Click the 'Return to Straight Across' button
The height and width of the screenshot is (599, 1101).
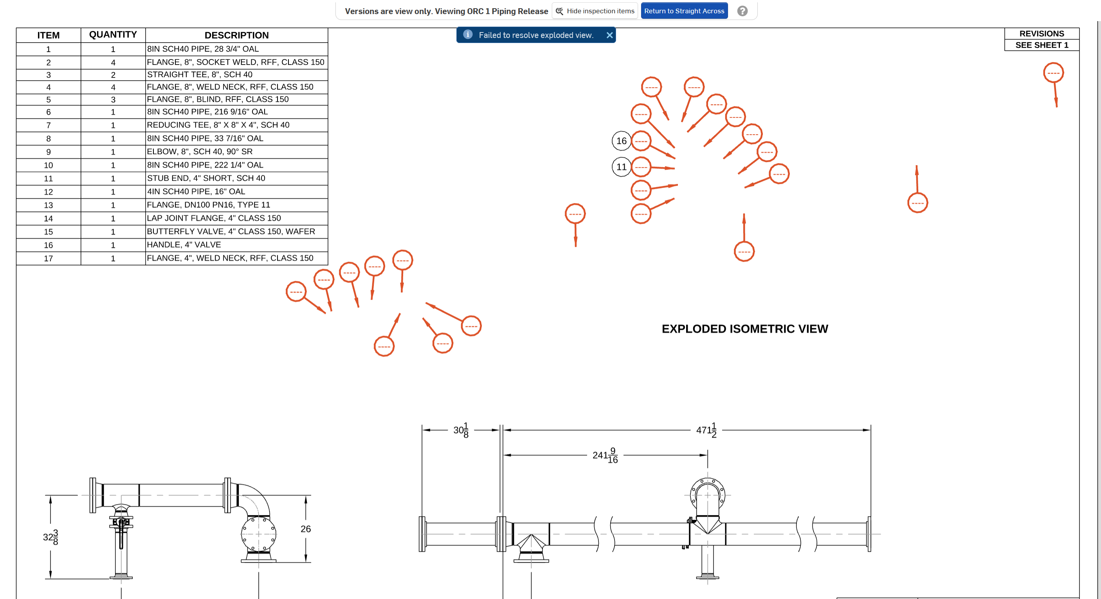click(684, 11)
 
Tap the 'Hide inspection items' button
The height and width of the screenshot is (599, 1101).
click(595, 11)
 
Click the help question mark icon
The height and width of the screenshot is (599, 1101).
click(742, 11)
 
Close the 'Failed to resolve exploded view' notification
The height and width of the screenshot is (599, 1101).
click(609, 35)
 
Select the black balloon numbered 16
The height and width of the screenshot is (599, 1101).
click(622, 141)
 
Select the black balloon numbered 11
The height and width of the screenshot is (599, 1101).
click(622, 167)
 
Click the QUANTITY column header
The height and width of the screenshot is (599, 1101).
click(113, 34)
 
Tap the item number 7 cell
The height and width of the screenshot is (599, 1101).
click(48, 125)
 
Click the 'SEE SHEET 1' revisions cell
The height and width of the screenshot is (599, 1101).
click(1042, 45)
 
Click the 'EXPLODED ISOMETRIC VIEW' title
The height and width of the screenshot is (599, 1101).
click(744, 329)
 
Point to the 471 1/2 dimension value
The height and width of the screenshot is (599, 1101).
click(706, 430)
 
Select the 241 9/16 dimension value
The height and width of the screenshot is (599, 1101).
click(605, 455)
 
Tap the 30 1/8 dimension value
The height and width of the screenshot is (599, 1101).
click(461, 430)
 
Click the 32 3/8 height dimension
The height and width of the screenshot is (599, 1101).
click(50, 537)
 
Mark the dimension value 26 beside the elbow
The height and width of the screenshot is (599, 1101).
click(306, 529)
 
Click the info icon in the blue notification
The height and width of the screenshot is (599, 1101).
click(468, 34)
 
